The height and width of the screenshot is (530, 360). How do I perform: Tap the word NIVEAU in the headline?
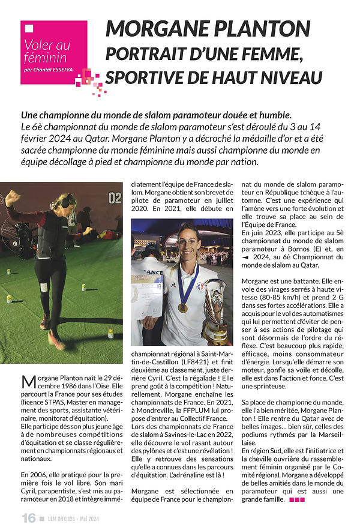[289, 78]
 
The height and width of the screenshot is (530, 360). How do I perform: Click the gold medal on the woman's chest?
[183, 307]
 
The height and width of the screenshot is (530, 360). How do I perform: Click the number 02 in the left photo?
[115, 197]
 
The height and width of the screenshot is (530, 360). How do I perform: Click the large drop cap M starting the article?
[28, 382]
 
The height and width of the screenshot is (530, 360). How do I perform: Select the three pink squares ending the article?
[297, 499]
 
